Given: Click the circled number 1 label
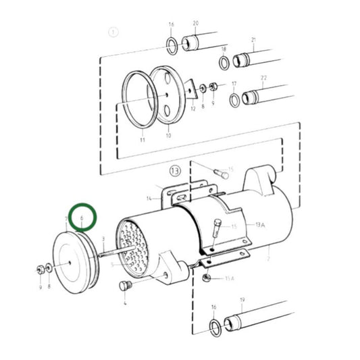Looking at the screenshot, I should (x=113, y=32).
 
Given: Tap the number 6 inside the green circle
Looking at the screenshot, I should (x=82, y=220).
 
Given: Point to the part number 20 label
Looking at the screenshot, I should (x=196, y=23).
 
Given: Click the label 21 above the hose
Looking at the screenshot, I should (x=254, y=40).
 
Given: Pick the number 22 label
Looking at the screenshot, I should (x=264, y=78).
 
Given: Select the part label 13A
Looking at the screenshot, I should (x=261, y=224).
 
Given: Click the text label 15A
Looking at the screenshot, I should (x=229, y=278).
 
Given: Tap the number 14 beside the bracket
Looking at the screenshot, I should (x=149, y=198).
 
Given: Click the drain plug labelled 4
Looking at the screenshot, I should (x=123, y=286).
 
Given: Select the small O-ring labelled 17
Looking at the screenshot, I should (x=234, y=100).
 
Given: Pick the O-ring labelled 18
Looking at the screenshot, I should (x=224, y=63).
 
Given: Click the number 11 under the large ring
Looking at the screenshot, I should (x=143, y=140).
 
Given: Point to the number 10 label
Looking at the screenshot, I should (x=170, y=136).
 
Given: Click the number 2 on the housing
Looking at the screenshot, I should (x=268, y=258).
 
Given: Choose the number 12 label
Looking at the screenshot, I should (x=192, y=109).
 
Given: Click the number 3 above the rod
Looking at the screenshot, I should (x=103, y=239).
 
